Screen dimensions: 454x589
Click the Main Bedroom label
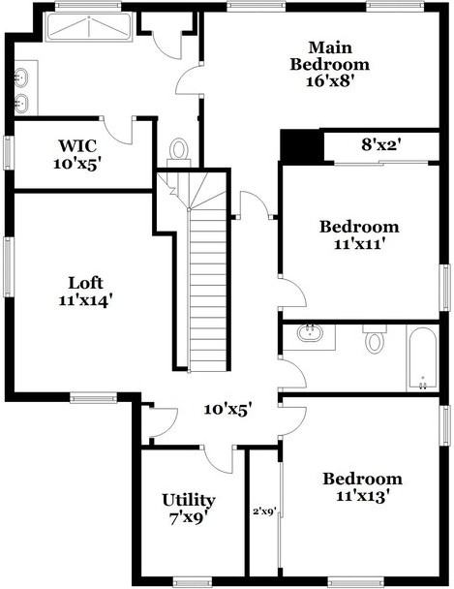point(330,56)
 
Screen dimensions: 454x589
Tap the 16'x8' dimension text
point(330,81)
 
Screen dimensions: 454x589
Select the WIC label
point(77,145)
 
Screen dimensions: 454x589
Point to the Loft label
point(85,283)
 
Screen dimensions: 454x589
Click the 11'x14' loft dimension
point(85,300)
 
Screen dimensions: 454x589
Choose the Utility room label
point(189,500)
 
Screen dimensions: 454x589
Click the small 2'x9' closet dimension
point(265,511)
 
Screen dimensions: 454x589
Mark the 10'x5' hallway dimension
point(227,410)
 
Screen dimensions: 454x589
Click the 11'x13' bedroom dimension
point(362,497)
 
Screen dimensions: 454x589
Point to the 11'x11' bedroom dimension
point(360,244)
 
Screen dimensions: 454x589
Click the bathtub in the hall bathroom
point(422,358)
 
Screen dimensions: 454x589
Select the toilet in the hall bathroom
point(375,338)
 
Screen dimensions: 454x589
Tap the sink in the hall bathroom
point(310,333)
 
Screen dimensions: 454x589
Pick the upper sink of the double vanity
point(21,77)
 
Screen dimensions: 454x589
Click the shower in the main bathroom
point(89,27)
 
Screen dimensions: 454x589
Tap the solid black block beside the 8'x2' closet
point(302,145)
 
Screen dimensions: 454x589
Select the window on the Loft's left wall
point(9,266)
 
